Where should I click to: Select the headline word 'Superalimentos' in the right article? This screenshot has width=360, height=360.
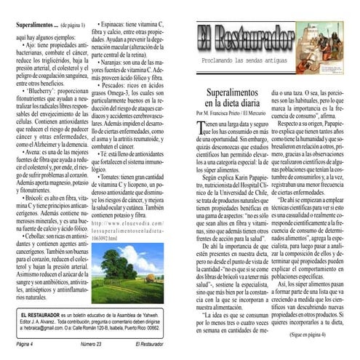pos(231,95)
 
